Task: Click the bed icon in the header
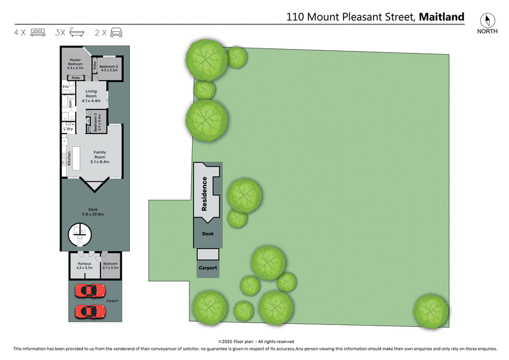[38, 32]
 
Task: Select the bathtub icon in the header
[77, 32]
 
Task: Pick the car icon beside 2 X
[116, 32]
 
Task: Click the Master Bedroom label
[76, 63]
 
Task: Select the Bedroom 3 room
[97, 122]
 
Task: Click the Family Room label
[101, 152]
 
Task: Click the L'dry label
[67, 129]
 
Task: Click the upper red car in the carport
[90, 291]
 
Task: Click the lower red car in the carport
[90, 312]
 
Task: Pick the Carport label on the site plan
[208, 268]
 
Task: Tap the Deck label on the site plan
[208, 234]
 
